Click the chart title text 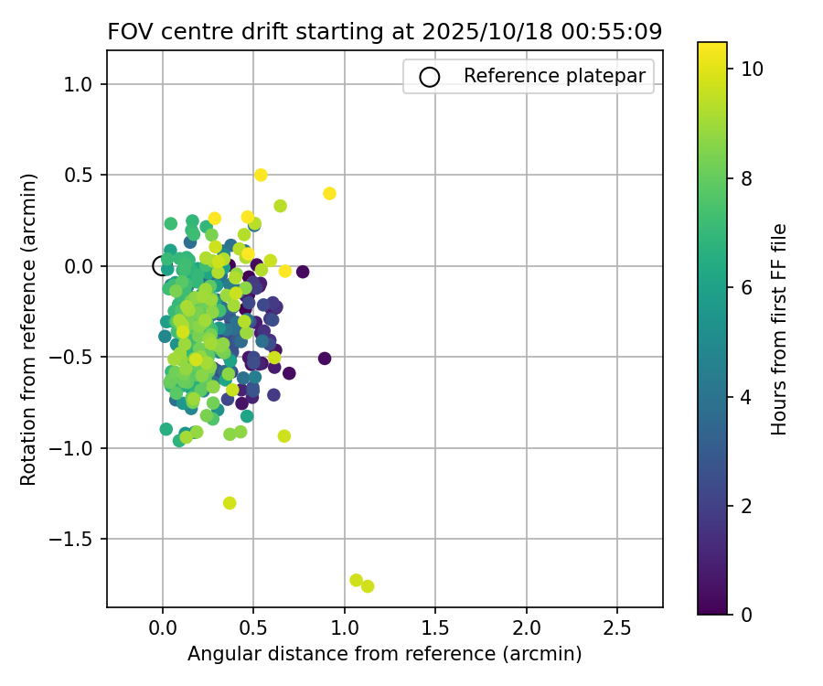[x=384, y=32]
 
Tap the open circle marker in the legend [x=430, y=77]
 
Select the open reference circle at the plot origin [x=163, y=266]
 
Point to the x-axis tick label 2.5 [x=617, y=629]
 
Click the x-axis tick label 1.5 [x=435, y=629]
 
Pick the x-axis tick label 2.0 [x=526, y=629]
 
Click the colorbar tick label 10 [x=751, y=69]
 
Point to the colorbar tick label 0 [x=746, y=615]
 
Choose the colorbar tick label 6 [x=746, y=287]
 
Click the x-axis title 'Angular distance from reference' [x=384, y=654]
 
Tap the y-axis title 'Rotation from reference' [x=29, y=328]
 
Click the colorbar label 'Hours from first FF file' [x=779, y=329]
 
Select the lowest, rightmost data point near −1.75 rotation [x=368, y=586]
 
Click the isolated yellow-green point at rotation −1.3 [x=230, y=503]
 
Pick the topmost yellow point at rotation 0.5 [x=261, y=175]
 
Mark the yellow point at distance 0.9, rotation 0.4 [x=329, y=193]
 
